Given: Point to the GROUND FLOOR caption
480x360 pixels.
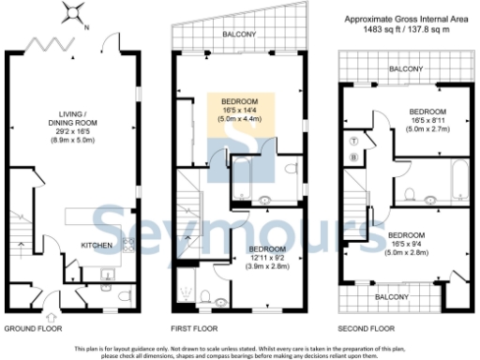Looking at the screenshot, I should point(34,329).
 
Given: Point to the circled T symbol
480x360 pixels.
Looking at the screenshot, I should point(352,140).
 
